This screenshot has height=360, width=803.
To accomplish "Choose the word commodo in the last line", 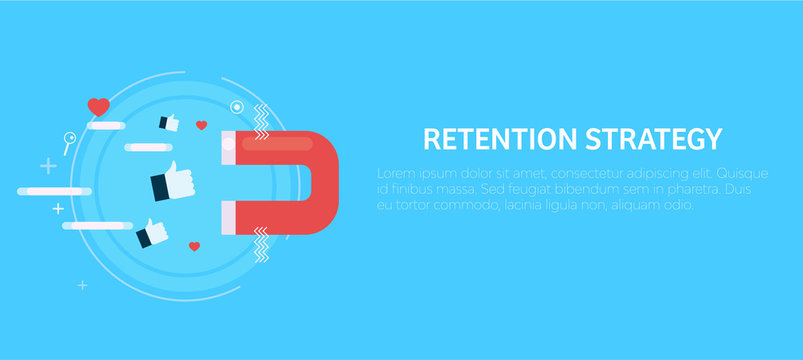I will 475,205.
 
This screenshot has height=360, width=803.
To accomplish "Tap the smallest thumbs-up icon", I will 168,123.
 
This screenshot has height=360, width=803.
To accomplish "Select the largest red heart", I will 98,106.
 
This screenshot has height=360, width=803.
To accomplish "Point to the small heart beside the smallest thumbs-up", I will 201,126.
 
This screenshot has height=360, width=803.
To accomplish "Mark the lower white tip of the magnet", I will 228,215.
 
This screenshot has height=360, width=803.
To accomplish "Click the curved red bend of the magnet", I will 320,180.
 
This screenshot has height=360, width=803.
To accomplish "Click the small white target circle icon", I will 236,106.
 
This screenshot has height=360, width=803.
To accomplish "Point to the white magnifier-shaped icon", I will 69,142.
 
